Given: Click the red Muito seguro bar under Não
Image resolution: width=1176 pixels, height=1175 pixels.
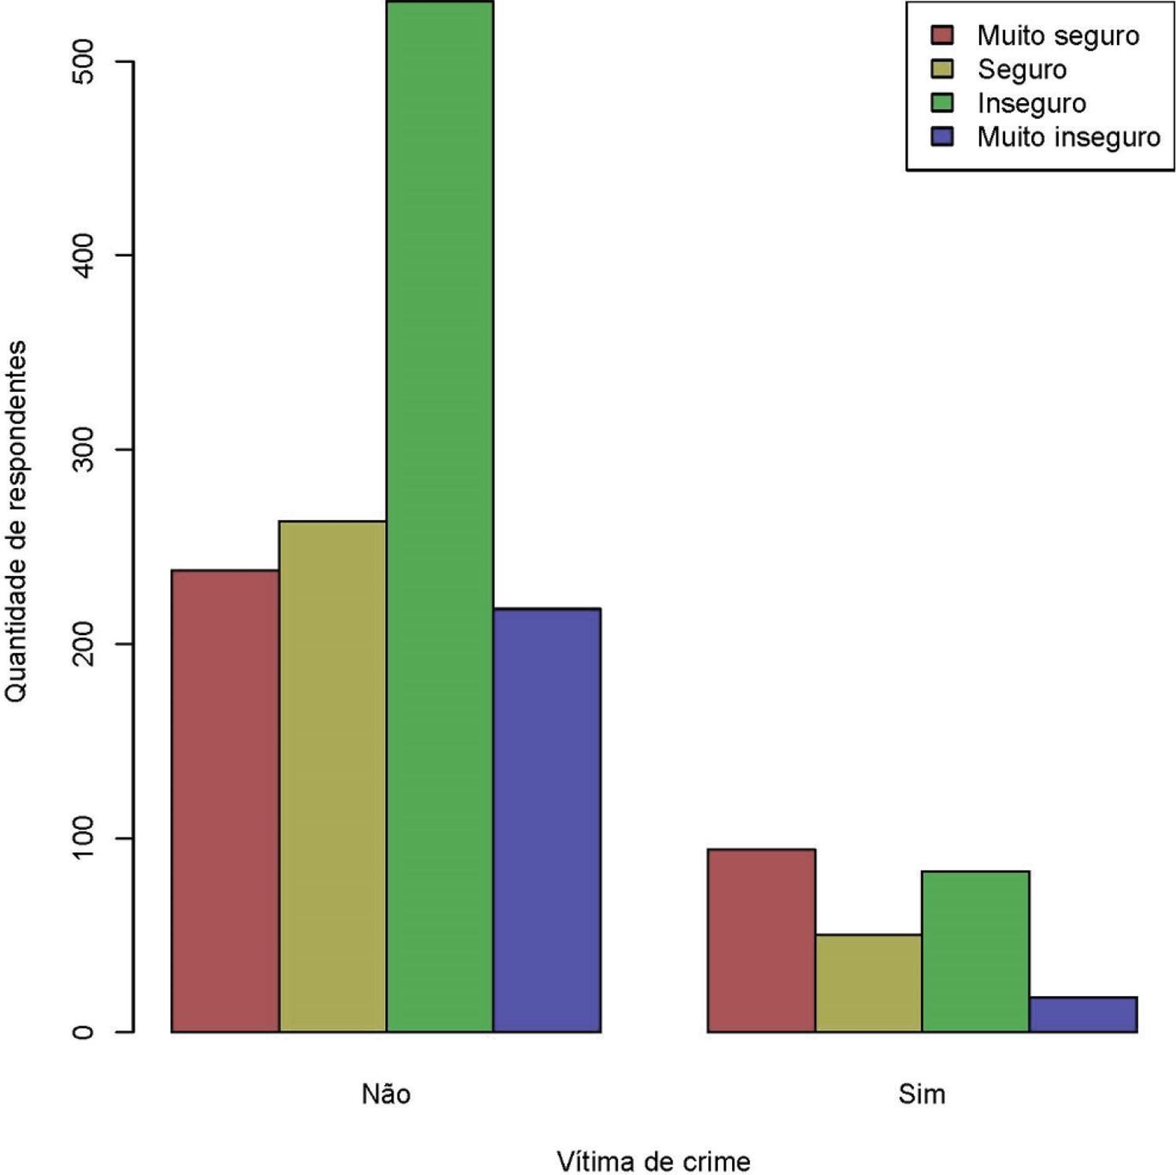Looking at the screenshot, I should pyautogui.click(x=225, y=800).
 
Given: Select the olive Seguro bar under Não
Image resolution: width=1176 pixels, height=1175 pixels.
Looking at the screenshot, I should pyautogui.click(x=332, y=776).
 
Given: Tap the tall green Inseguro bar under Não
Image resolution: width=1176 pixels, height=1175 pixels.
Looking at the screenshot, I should pyautogui.click(x=439, y=516).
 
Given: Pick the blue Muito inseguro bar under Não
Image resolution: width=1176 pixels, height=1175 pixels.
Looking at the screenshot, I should pyautogui.click(x=547, y=819).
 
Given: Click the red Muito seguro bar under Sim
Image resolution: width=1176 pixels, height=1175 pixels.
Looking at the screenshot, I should pyautogui.click(x=761, y=940).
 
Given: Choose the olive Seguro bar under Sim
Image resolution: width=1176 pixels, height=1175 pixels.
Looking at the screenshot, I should pyautogui.click(x=868, y=982).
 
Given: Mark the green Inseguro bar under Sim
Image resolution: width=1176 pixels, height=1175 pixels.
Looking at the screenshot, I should pyautogui.click(x=975, y=951).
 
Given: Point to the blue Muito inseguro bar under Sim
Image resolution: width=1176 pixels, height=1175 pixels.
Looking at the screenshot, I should pyautogui.click(x=1083, y=1014).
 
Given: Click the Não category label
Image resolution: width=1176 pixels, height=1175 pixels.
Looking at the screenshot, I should pyautogui.click(x=386, y=1093).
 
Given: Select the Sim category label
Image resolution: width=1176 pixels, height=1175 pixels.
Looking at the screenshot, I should pyautogui.click(x=921, y=1093).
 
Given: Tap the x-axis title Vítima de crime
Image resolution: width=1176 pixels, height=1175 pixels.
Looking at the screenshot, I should pyautogui.click(x=653, y=1161).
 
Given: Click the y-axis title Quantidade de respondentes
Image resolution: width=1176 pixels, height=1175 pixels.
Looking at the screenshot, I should pyautogui.click(x=16, y=521).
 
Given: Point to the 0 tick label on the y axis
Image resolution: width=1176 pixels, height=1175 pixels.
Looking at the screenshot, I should pyautogui.click(x=83, y=1032).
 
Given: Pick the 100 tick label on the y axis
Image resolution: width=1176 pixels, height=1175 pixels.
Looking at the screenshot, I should pyautogui.click(x=83, y=837).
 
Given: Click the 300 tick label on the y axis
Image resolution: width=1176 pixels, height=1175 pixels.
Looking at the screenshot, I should pyautogui.click(x=83, y=449).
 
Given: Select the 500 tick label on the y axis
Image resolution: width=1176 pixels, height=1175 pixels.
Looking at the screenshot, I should pyautogui.click(x=83, y=61).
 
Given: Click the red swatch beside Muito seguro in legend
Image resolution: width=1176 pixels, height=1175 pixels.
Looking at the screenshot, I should pyautogui.click(x=942, y=35).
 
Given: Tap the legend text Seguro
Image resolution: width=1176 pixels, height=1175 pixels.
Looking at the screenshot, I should pyautogui.click(x=1022, y=69).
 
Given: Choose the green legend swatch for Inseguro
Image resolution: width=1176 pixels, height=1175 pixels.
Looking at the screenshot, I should pyautogui.click(x=942, y=103).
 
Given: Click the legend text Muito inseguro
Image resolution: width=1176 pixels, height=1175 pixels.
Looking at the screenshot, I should pyautogui.click(x=1068, y=137).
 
